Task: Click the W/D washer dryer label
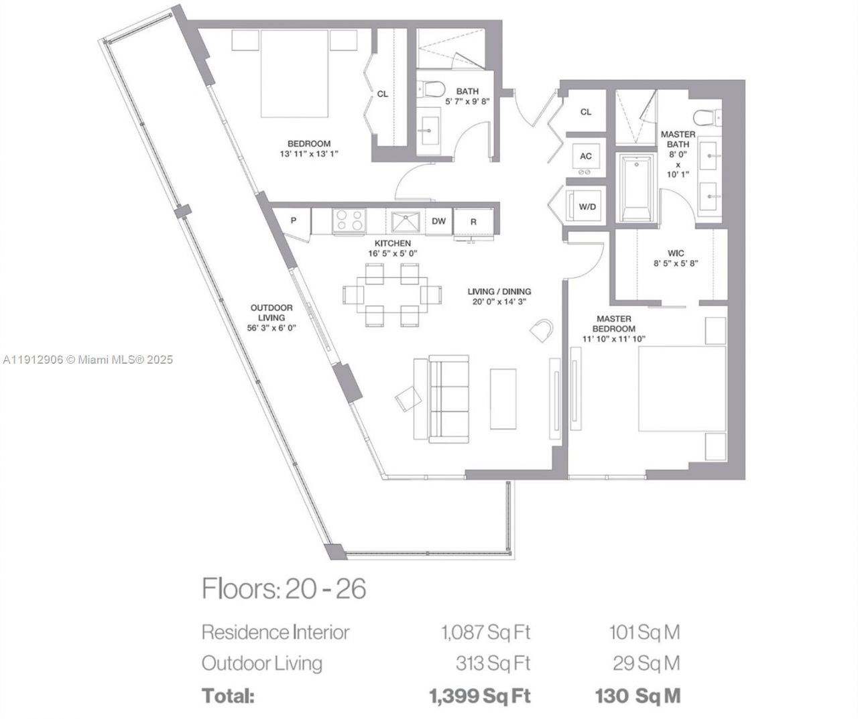(587, 207)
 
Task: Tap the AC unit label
(586, 156)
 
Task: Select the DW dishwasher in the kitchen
(438, 221)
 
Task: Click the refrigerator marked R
(473, 222)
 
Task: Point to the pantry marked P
(294, 220)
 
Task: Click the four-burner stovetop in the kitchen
(349, 221)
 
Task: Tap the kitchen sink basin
(405, 221)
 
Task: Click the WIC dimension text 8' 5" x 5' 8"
(676, 264)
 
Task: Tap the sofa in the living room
(448, 399)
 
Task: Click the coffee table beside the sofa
(503, 398)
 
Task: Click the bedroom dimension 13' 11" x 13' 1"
(309, 153)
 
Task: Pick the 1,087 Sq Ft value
(485, 632)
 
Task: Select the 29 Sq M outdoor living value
(646, 663)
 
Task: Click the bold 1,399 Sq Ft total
(480, 696)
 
